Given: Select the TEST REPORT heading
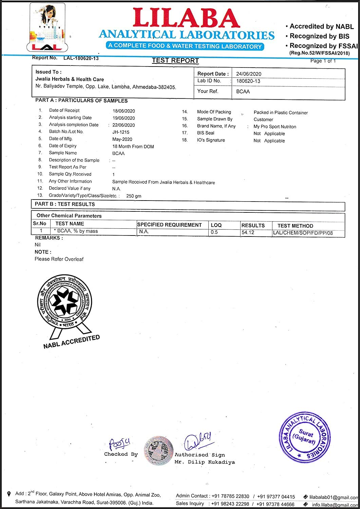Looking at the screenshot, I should (x=175, y=60).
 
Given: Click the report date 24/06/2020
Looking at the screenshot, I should (x=248, y=74).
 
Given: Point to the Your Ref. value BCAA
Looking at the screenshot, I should (x=243, y=92).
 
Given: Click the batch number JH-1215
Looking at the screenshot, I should (x=121, y=132).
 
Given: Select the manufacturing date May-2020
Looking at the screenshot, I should (x=122, y=139).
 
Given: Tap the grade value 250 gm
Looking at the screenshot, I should (x=134, y=196).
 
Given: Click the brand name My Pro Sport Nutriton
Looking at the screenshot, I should (x=275, y=127).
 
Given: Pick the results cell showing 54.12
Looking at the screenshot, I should (x=248, y=232).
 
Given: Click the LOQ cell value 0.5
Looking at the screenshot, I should (x=214, y=232).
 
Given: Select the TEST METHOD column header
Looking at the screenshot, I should (x=295, y=226).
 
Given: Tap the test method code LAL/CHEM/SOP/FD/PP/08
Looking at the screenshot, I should (x=303, y=233).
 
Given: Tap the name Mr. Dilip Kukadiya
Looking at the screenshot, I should (x=205, y=462).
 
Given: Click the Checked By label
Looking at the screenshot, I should (x=121, y=454).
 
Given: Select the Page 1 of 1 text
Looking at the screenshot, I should (x=323, y=61).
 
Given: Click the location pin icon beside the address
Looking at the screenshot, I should (x=9, y=494).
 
